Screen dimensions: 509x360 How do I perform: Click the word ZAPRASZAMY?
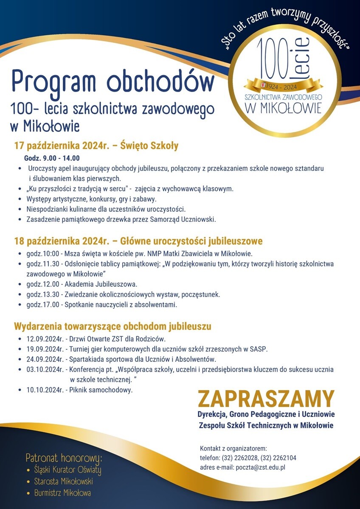point(266,399)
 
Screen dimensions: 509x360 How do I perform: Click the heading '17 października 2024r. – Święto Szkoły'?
point(96,146)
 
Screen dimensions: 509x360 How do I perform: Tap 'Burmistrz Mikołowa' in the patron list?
point(62,493)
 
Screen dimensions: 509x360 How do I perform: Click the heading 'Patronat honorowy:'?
point(64,458)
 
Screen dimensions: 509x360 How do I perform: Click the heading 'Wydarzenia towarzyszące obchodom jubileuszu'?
point(112,327)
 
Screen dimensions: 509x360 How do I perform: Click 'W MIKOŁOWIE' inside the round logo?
point(283,108)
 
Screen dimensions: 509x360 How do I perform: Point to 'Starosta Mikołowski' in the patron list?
point(63,481)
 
